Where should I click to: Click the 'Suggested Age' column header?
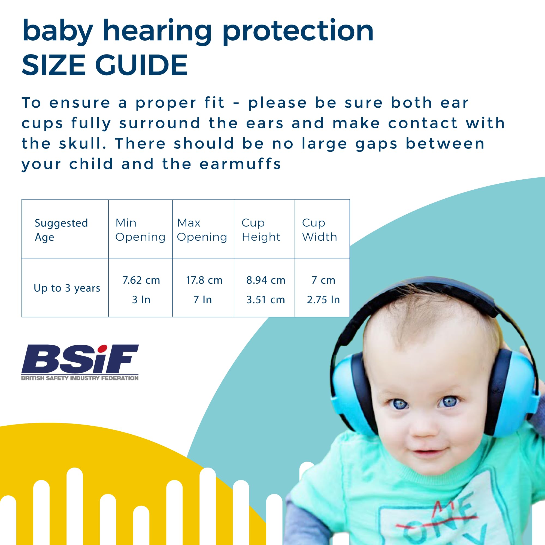[61, 230]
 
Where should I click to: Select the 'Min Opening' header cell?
[140, 230]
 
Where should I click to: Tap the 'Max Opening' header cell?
[202, 230]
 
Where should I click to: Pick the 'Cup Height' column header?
[261, 230]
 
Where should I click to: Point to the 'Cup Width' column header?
[319, 230]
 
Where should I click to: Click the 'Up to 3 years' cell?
[67, 288]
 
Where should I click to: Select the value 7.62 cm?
[141, 280]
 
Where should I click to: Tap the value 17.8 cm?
[204, 280]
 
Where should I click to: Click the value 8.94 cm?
[266, 280]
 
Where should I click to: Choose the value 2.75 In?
[323, 299]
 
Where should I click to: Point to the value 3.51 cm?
[266, 299]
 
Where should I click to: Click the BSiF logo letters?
[80, 359]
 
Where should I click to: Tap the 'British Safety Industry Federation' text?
[80, 378]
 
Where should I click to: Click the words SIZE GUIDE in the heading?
[105, 65]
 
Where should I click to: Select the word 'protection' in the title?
[298, 32]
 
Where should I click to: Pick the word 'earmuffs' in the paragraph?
[240, 164]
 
